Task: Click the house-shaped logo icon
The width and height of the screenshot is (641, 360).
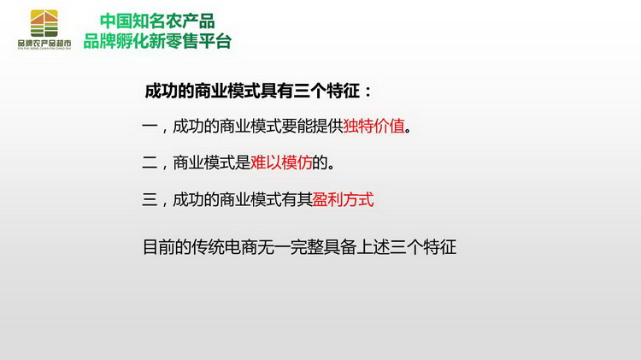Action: [44, 23]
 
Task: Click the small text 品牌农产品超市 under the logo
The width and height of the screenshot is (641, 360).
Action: [44, 43]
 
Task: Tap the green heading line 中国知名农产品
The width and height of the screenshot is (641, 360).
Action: [157, 21]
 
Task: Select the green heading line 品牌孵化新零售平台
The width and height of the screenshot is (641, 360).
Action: [157, 41]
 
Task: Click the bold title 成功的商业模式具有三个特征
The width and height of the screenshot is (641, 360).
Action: [252, 91]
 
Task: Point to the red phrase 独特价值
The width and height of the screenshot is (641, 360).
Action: [373, 126]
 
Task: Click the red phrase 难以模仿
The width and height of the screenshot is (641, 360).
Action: [281, 162]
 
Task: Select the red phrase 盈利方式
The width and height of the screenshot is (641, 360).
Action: [343, 199]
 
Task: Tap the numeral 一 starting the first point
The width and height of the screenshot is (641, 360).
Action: [150, 126]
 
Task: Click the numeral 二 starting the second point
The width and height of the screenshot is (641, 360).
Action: [150, 162]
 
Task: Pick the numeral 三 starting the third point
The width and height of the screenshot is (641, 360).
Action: [150, 199]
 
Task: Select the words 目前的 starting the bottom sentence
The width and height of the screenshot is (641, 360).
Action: [167, 247]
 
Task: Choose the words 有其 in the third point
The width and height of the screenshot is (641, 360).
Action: [297, 199]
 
